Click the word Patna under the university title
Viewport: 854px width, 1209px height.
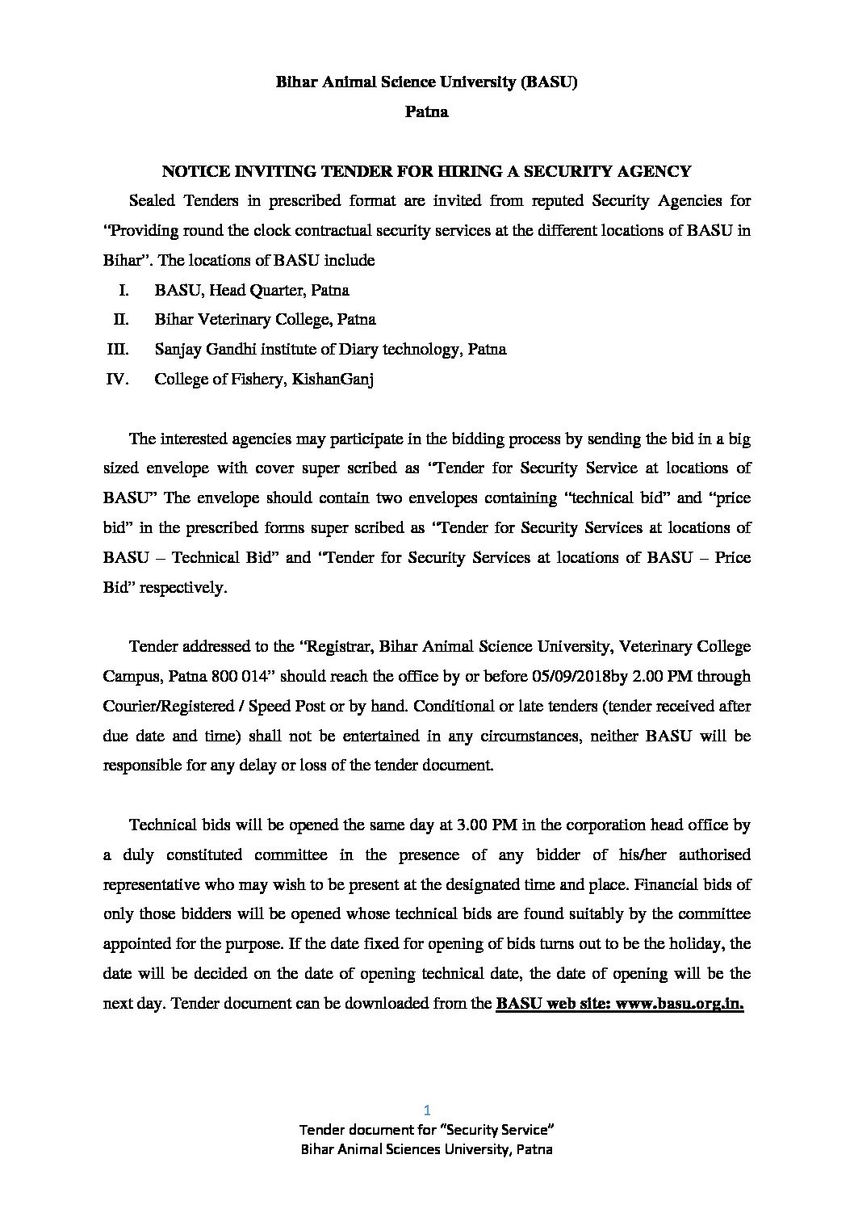point(426,112)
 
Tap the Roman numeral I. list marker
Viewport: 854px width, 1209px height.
point(125,290)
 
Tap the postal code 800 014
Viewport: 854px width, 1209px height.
point(230,677)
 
